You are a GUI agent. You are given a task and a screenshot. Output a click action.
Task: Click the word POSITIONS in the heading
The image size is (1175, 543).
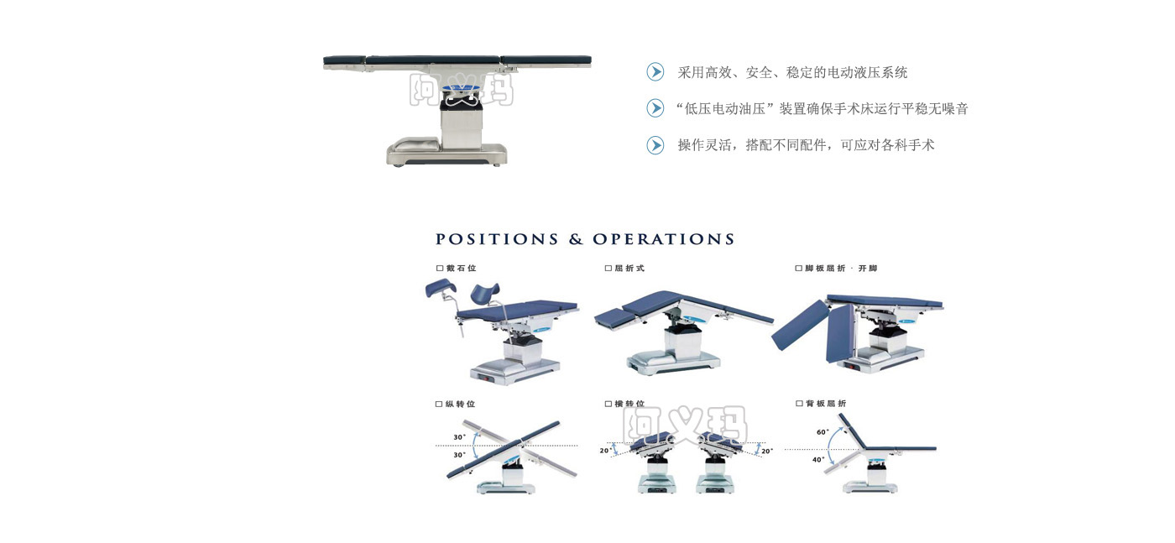(497, 239)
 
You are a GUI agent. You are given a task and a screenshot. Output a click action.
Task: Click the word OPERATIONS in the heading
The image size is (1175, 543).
(664, 239)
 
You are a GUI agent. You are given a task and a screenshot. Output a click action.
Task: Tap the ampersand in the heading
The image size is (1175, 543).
(576, 239)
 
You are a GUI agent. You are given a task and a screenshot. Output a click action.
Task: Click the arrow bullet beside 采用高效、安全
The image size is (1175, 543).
(655, 72)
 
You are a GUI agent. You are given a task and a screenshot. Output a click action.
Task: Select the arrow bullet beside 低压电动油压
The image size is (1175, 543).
(655, 108)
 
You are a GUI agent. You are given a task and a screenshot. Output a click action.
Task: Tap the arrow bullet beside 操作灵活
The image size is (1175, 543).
(655, 145)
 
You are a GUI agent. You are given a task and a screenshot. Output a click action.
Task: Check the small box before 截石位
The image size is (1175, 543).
(440, 268)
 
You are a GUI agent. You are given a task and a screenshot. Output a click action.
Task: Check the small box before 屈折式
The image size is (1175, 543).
(608, 268)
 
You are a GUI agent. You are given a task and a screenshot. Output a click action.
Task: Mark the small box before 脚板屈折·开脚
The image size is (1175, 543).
(798, 268)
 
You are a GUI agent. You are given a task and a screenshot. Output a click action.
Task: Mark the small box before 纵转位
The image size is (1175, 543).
(439, 404)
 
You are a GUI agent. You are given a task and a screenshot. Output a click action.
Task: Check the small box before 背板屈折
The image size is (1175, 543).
(799, 404)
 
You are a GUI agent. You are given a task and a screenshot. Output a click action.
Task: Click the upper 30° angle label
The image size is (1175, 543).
(460, 437)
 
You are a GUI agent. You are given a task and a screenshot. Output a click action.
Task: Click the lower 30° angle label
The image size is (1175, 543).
(460, 455)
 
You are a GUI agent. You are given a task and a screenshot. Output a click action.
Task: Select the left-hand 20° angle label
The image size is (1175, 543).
(606, 450)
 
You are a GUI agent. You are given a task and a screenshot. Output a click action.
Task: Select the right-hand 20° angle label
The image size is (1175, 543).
(767, 451)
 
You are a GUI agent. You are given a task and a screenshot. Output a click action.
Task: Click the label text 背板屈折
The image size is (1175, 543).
(826, 404)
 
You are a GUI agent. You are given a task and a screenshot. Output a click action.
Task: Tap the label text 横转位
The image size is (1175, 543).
(629, 404)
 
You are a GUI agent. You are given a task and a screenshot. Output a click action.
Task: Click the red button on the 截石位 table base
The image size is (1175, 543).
(485, 379)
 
